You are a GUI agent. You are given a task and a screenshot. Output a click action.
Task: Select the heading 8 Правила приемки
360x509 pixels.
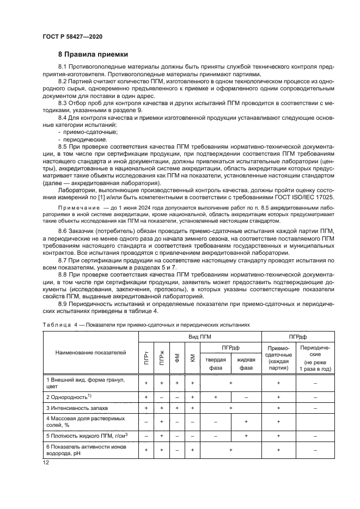click(93, 54)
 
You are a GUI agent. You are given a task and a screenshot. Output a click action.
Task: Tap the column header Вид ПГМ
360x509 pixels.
click(200, 338)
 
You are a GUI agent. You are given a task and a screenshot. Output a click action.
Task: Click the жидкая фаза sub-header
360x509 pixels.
click(246, 363)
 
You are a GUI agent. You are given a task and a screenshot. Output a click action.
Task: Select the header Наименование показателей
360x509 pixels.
click(90, 353)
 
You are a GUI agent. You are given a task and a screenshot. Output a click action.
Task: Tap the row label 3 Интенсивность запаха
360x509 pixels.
click(77, 407)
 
